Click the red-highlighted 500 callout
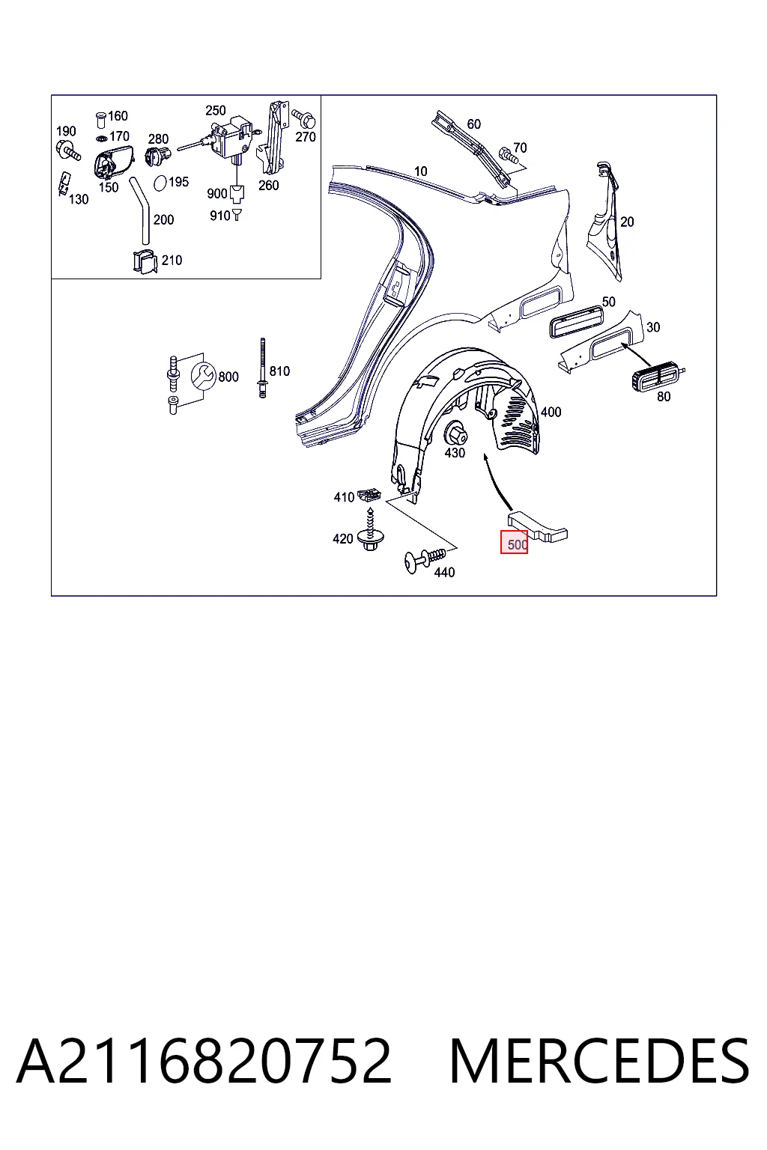click(515, 543)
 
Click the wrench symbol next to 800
click(203, 377)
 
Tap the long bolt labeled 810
click(262, 368)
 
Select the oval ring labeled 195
click(161, 183)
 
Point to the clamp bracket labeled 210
click(145, 261)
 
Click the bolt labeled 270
click(304, 118)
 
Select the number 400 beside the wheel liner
click(551, 412)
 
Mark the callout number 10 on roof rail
click(421, 171)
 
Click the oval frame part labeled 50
click(576, 321)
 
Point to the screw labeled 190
click(68, 150)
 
